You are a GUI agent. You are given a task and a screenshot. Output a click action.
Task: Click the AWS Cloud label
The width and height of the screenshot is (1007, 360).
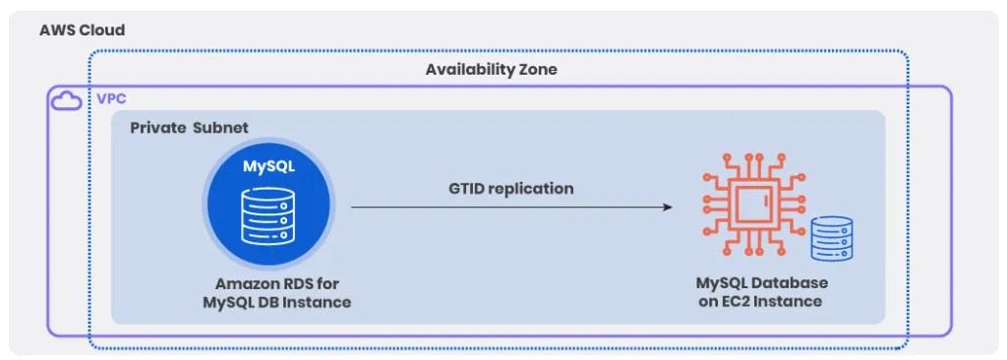tap(82, 30)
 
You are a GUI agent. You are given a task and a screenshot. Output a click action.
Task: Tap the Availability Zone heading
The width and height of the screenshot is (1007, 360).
tap(491, 70)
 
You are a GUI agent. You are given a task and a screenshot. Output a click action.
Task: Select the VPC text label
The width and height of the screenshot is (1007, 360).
tap(111, 99)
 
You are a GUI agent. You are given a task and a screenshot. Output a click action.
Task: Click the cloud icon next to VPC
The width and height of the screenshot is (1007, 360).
tap(67, 100)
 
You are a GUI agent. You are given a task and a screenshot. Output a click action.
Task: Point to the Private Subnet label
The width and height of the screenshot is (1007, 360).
tap(189, 128)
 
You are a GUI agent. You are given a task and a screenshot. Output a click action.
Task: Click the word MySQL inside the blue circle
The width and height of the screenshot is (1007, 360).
tap(268, 166)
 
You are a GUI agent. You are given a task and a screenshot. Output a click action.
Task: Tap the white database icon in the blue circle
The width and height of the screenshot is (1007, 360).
tap(268, 217)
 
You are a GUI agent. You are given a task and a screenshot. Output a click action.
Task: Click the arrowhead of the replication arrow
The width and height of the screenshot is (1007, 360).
tap(667, 208)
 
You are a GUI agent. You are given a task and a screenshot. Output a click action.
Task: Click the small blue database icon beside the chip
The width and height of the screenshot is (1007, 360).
tap(831, 240)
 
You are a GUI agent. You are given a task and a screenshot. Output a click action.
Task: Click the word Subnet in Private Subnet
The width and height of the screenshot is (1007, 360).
tap(221, 128)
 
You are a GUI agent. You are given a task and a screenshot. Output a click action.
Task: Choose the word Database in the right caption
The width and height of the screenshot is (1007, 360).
tap(788, 283)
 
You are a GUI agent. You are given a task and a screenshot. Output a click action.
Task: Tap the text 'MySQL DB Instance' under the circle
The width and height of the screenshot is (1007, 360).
tap(276, 301)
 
